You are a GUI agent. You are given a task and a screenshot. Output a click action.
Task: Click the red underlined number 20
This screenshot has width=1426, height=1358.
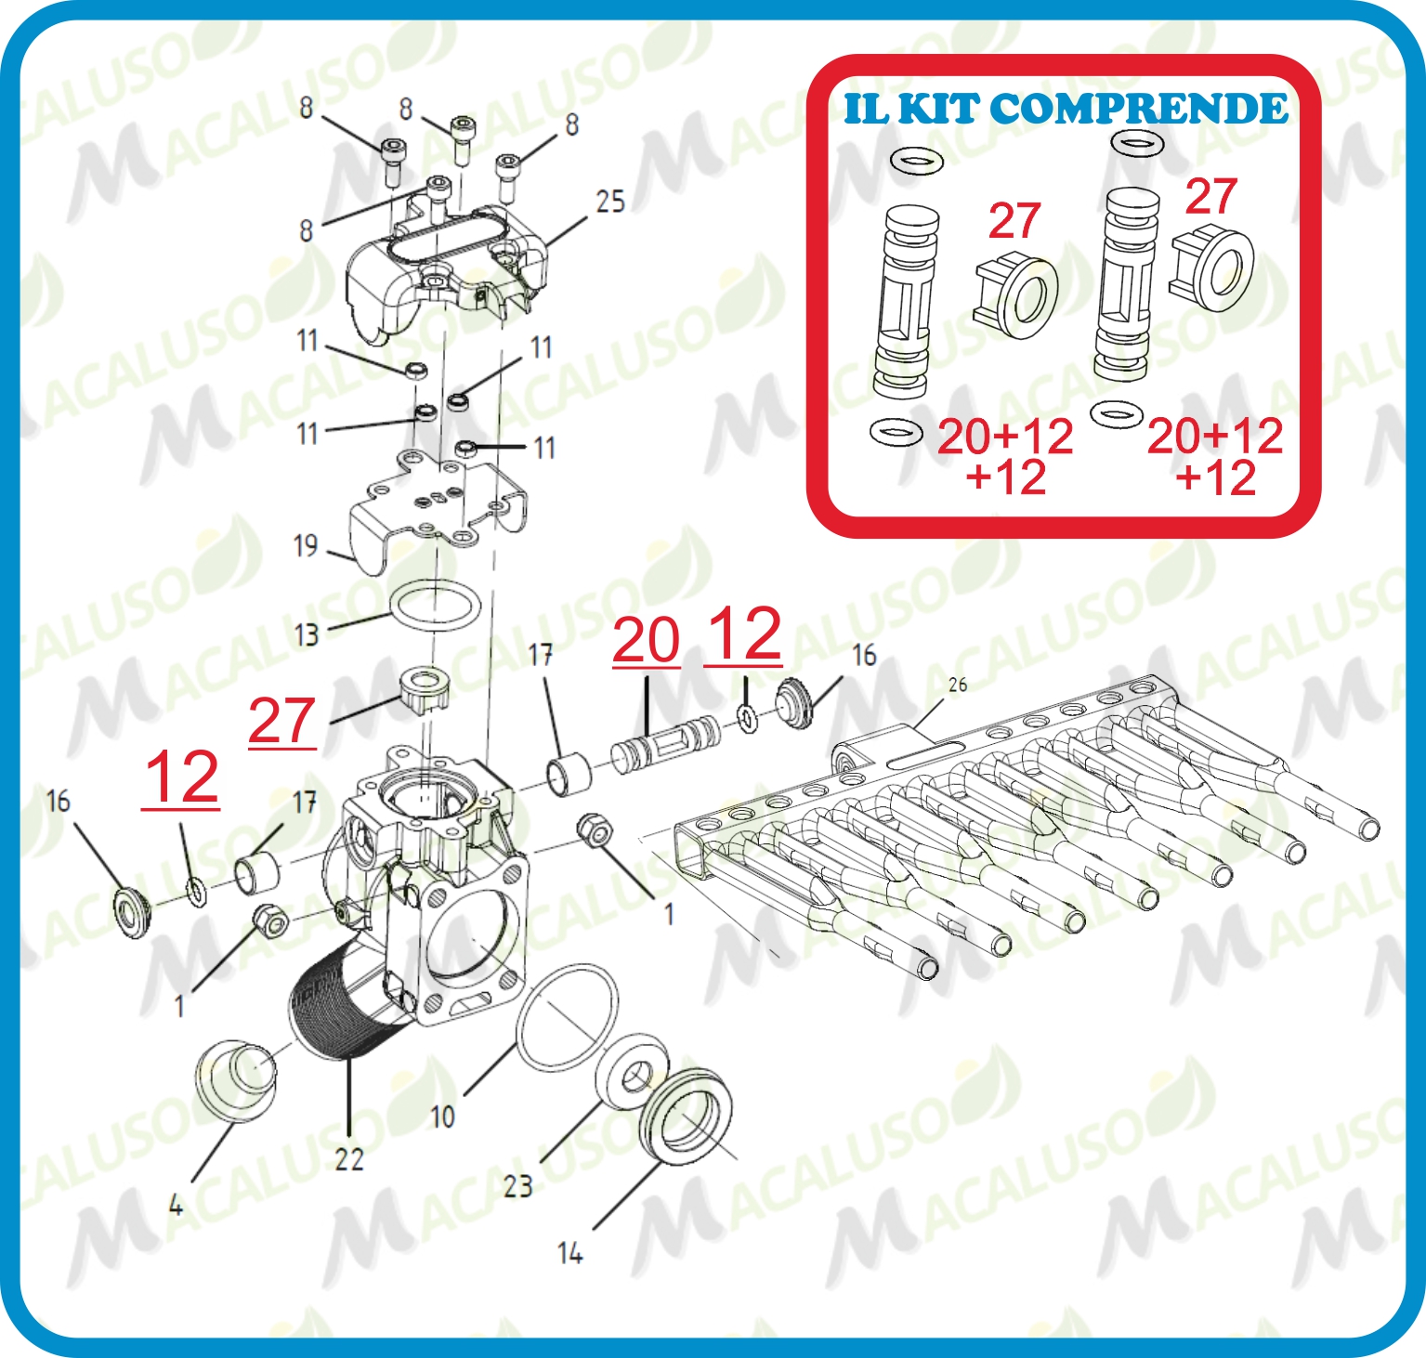tap(647, 640)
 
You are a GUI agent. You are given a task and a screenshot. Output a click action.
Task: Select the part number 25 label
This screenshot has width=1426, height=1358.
tap(610, 202)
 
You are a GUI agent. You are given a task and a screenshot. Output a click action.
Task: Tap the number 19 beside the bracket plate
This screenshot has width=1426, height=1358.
tap(306, 545)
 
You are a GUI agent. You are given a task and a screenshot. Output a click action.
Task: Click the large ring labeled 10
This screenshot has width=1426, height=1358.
tap(567, 1018)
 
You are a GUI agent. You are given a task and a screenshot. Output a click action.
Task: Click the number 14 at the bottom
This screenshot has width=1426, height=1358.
tap(570, 1253)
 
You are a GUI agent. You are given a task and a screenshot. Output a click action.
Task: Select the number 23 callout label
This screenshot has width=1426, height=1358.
tap(518, 1185)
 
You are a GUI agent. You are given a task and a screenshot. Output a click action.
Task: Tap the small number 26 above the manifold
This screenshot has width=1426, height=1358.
tap(958, 685)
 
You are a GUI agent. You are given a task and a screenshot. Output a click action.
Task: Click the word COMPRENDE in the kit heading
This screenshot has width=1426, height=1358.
tap(1139, 109)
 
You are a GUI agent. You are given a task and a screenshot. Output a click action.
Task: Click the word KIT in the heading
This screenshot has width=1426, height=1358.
tap(938, 109)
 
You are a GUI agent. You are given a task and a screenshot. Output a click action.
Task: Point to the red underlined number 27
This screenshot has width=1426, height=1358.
tap(282, 721)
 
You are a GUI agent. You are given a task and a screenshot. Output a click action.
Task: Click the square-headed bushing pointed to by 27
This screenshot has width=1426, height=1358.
tap(424, 688)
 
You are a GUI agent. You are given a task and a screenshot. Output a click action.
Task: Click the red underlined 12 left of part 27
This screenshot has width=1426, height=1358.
tap(182, 778)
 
